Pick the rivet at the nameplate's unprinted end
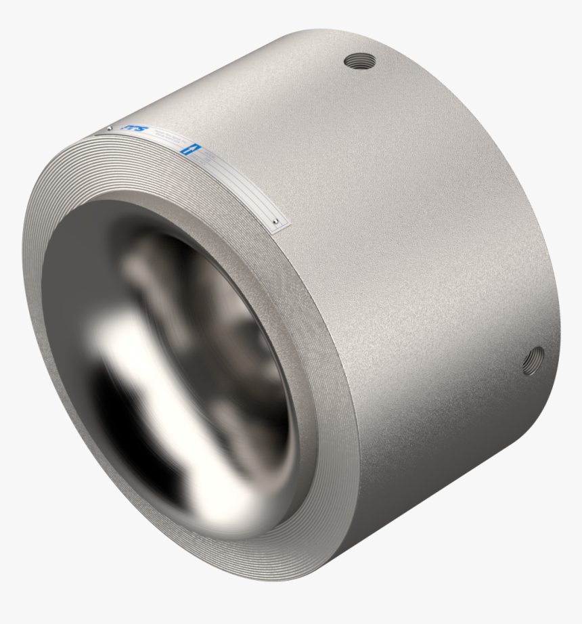[x=275, y=221]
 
